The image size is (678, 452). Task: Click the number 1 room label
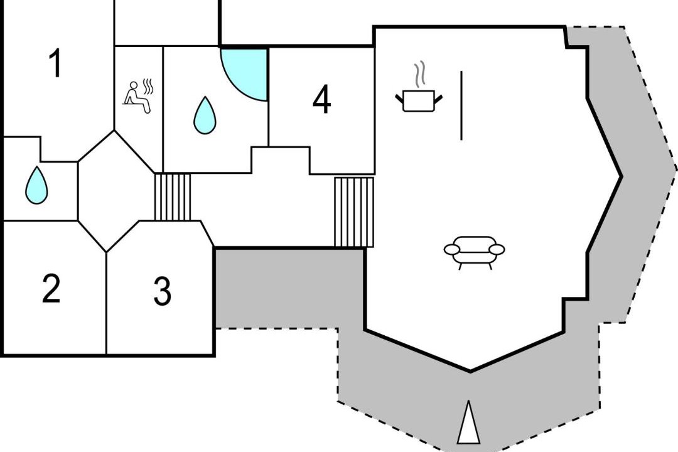click(55, 63)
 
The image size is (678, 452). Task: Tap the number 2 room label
click(51, 289)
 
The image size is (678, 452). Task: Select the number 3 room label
click(163, 291)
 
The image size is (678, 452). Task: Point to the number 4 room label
click(321, 99)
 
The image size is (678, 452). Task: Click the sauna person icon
click(137, 97)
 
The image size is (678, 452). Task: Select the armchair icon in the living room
click(475, 252)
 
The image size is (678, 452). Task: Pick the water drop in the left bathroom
click(36, 185)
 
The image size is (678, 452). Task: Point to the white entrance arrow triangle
click(468, 422)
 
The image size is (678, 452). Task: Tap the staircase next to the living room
click(354, 212)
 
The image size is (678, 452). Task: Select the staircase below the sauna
click(173, 197)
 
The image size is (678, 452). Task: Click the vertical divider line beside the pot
click(461, 105)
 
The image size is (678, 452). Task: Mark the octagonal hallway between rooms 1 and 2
click(114, 191)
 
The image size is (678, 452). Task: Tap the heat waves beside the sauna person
click(148, 87)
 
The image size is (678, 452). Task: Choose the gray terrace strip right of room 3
click(289, 288)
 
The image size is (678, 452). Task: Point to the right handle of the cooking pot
click(438, 99)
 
